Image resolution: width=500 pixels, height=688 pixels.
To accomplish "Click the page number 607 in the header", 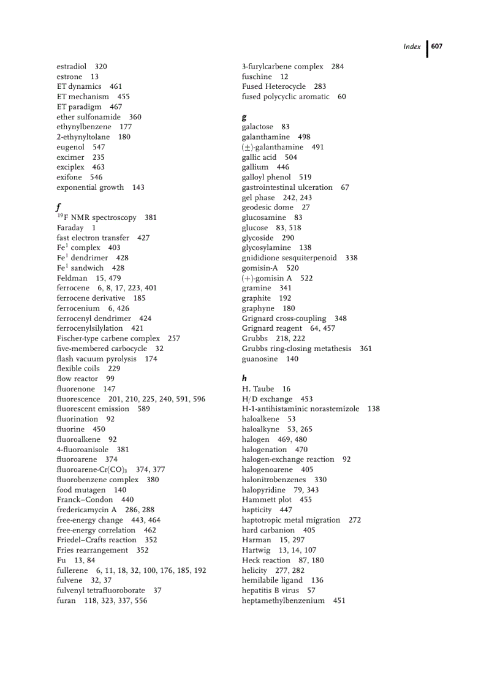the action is point(437,47).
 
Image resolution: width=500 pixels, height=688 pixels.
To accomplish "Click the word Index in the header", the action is point(412,47).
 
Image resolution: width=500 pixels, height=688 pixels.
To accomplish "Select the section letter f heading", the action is point(58,207).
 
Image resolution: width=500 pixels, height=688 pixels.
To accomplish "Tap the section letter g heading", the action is point(244,116).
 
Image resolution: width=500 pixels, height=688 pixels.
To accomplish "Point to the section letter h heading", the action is point(244,379).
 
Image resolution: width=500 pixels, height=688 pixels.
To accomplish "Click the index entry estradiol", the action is point(71,66).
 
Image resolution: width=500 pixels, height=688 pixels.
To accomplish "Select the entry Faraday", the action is point(70,227).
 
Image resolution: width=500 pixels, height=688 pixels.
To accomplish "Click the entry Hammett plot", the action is point(267,499).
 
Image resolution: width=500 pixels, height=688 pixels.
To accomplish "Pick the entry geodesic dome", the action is point(267,207).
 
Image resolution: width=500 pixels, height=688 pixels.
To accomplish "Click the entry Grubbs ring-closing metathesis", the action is point(297,349).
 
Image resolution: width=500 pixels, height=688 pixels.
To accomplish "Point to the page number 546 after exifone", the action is point(96,177).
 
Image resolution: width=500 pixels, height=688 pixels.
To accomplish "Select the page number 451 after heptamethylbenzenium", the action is point(339,600).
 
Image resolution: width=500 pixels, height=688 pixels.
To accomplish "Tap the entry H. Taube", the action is point(258,388).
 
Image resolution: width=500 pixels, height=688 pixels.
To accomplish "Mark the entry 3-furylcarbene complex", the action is point(282,66).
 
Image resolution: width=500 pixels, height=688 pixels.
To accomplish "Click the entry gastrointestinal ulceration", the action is point(287,187).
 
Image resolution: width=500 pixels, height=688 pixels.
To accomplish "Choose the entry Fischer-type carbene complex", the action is point(108,338).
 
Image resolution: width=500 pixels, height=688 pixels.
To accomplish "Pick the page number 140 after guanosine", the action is point(292,358).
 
